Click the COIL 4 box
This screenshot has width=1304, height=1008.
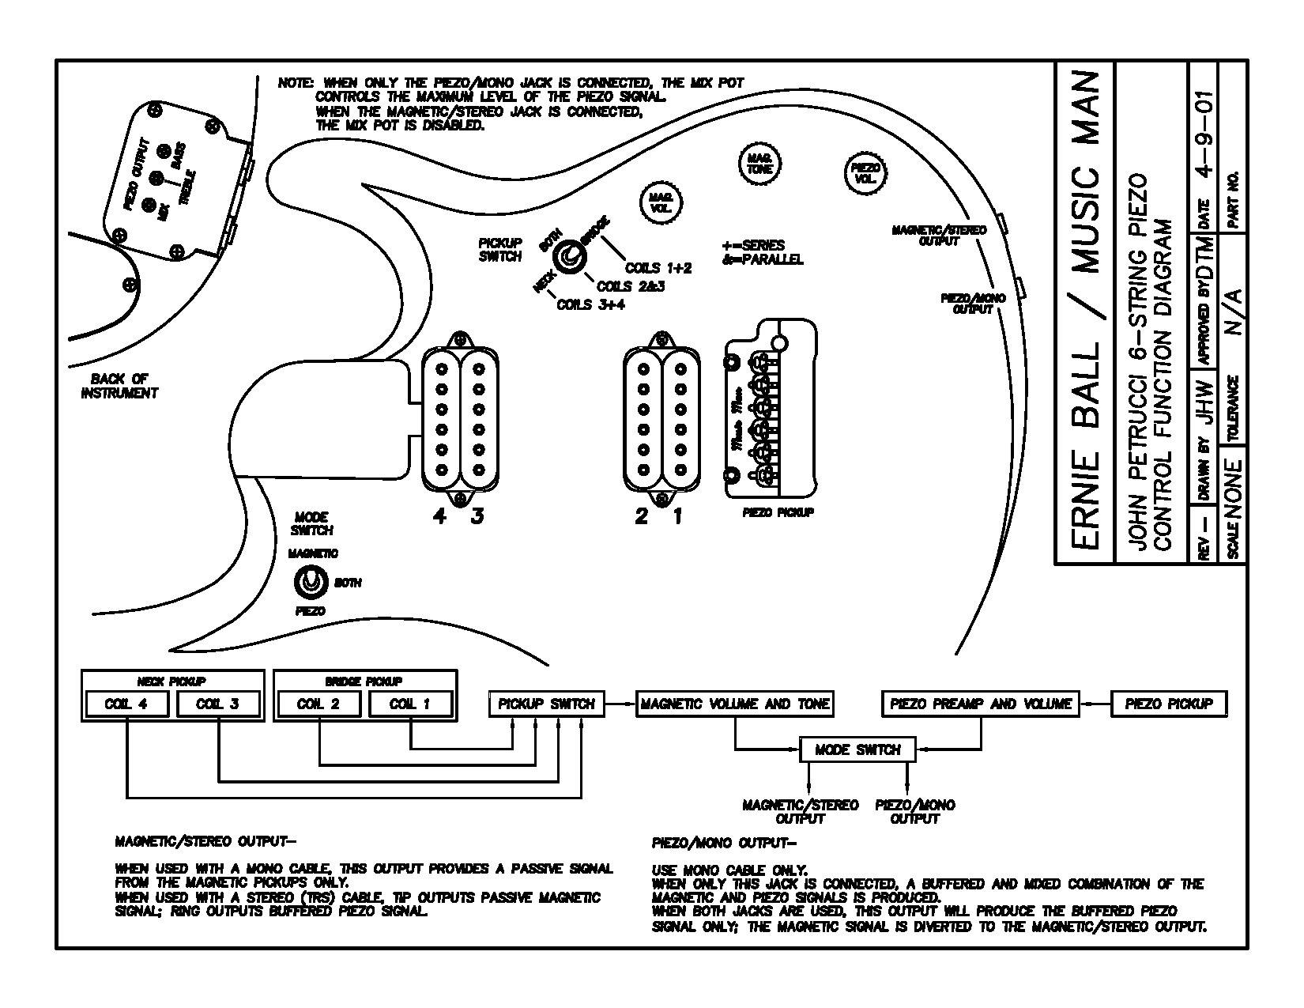[x=126, y=704]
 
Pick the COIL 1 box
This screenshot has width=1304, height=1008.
[x=410, y=704]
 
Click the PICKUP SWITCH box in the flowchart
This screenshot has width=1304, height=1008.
[x=547, y=704]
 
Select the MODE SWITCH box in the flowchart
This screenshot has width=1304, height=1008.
[x=857, y=749]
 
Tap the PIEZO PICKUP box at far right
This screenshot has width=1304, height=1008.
[x=1169, y=704]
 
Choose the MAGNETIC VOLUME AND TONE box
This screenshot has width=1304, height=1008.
[x=735, y=704]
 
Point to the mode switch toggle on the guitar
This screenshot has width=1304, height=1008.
[x=310, y=583]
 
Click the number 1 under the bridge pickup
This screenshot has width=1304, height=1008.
[x=678, y=517]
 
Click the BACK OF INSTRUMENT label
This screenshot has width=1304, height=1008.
[x=119, y=386]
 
